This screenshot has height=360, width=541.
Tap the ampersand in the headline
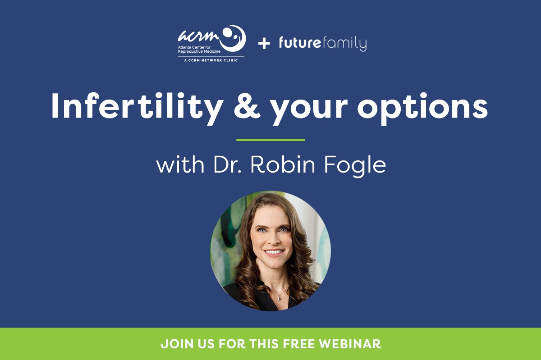pos(247,107)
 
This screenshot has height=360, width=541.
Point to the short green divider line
pos(270,140)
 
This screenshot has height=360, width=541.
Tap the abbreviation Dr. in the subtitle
pos(226,165)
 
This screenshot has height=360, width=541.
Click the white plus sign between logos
pos(264,43)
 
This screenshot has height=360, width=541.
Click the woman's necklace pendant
pos(280,297)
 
